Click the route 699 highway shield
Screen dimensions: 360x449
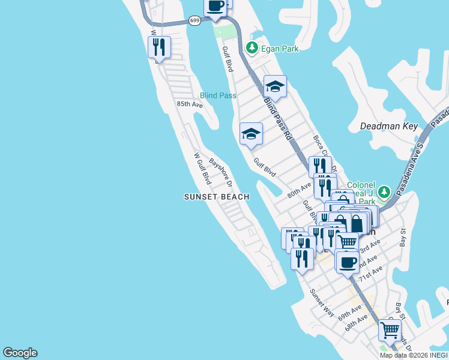[194, 20]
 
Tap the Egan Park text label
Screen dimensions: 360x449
[280, 47]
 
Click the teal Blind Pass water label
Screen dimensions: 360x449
[218, 95]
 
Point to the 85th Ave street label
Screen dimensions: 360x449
[189, 104]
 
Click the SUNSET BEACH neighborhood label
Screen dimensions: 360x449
[216, 196]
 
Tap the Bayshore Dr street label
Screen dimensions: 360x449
[220, 172]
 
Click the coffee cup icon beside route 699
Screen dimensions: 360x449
[215, 7]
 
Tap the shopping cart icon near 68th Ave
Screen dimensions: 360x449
[390, 329]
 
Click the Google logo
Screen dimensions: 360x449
[20, 353]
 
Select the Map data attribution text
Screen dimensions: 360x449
[414, 355]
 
